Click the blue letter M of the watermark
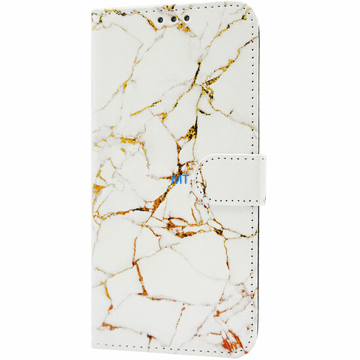click(175, 177)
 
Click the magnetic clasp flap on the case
click(229, 179)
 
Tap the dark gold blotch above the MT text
click(190, 132)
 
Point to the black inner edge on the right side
click(259, 98)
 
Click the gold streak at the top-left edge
click(108, 13)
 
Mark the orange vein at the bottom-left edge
click(109, 325)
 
